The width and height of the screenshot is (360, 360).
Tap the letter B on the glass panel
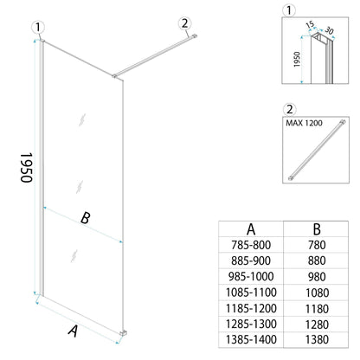click(x=85, y=218)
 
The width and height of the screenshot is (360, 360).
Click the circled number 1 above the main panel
click(x=36, y=27)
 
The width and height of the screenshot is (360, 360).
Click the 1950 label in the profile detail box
click(x=294, y=61)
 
